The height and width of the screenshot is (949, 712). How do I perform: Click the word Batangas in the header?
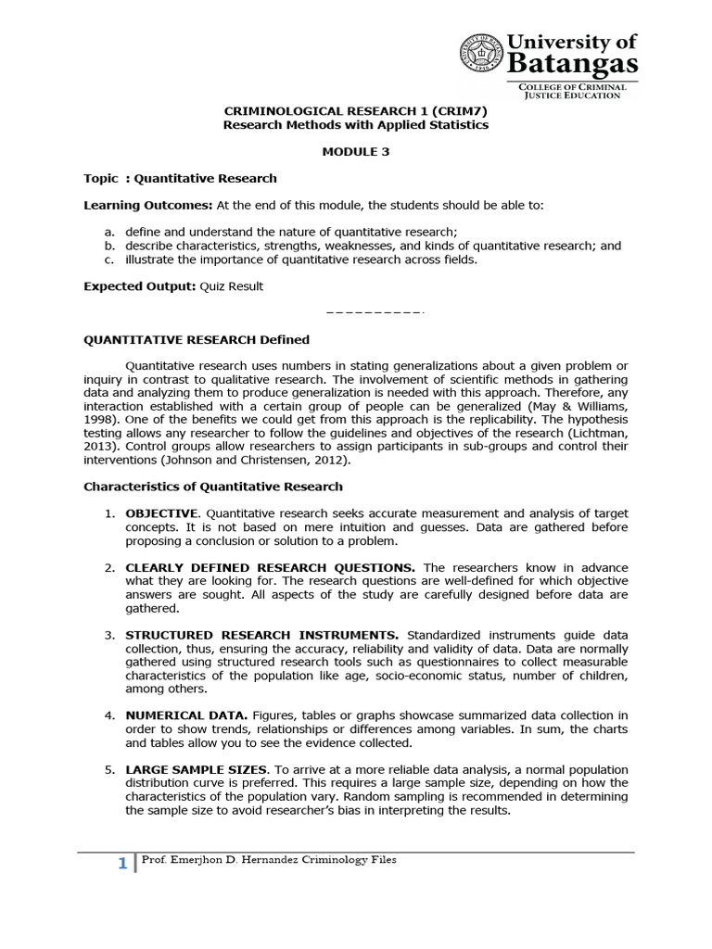(572, 63)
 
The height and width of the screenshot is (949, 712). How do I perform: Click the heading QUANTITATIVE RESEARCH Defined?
(197, 339)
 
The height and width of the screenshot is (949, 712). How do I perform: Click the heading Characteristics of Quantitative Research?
(213, 486)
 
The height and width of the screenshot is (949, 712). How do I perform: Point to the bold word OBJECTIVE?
(161, 513)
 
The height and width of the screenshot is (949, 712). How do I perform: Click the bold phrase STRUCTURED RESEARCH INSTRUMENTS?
(262, 635)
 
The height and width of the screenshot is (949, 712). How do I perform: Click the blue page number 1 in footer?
(121, 865)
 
